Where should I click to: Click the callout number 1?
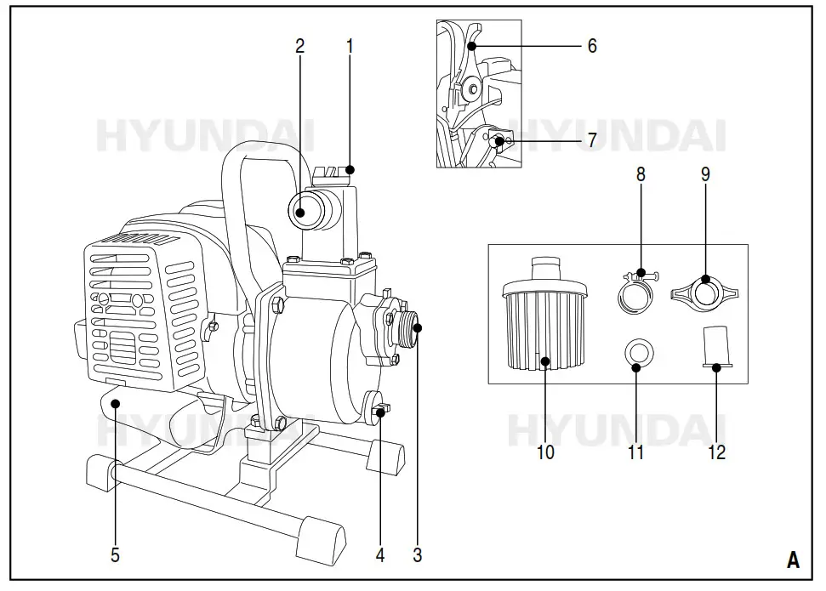click(x=350, y=46)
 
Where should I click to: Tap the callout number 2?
click(x=299, y=46)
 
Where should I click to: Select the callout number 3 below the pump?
click(x=417, y=555)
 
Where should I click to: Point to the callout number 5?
click(x=115, y=555)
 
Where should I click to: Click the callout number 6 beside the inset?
click(x=592, y=46)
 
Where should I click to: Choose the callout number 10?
click(x=545, y=452)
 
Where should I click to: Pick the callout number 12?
click(x=717, y=452)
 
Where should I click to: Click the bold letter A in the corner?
click(x=793, y=560)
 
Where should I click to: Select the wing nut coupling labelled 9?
click(x=705, y=290)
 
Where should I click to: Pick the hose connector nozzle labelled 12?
click(x=716, y=349)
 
